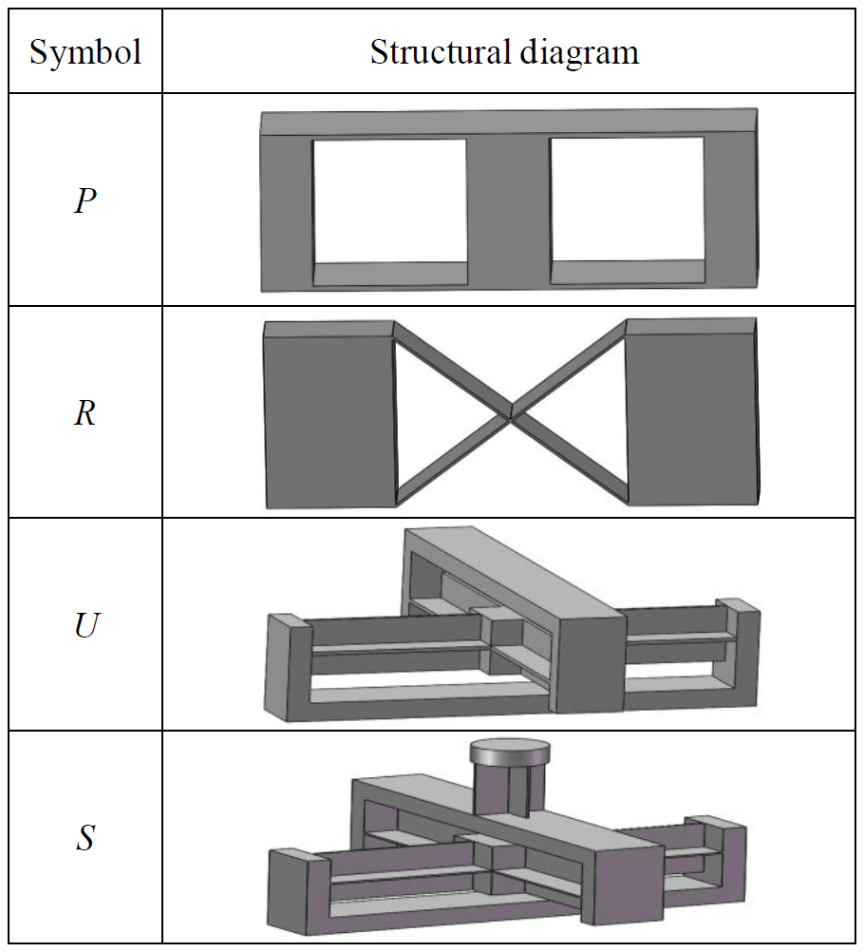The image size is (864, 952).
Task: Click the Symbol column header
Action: pyautogui.click(x=85, y=52)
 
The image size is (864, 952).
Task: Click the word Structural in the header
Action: pyautogui.click(x=426, y=52)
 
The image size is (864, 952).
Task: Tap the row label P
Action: pyautogui.click(x=85, y=201)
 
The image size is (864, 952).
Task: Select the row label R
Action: pyautogui.click(x=85, y=414)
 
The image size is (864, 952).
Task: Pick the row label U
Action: pyautogui.click(x=85, y=627)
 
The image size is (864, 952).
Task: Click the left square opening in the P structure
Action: pyautogui.click(x=389, y=200)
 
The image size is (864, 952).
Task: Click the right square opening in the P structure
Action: pyautogui.click(x=627, y=200)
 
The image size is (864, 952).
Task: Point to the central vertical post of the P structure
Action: pyautogui.click(x=508, y=204)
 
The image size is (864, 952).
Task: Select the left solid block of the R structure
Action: pyautogui.click(x=328, y=418)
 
